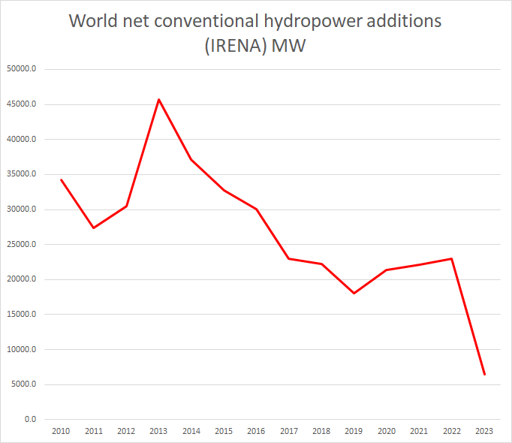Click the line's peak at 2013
point(158,99)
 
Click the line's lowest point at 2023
point(485,374)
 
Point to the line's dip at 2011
point(93,228)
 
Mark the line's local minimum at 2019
point(354,293)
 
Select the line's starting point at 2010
point(61,179)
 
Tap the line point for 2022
point(452,258)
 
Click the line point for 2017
point(289,258)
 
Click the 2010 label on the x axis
point(61,432)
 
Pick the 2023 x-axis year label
point(485,432)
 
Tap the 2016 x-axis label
point(257,432)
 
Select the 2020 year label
point(387,432)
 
